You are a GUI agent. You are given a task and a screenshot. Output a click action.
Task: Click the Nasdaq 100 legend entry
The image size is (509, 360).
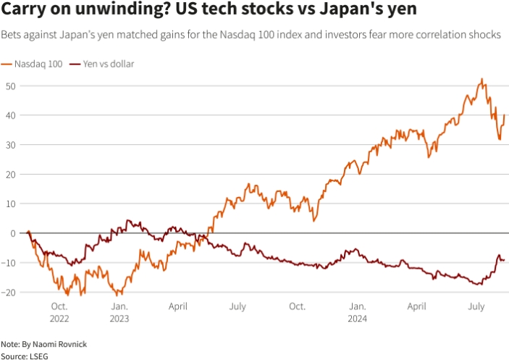coord(35,64)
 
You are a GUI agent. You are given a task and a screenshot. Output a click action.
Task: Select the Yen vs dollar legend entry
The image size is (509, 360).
coord(106,64)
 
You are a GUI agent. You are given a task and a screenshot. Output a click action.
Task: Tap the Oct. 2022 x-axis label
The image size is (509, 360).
coord(60,312)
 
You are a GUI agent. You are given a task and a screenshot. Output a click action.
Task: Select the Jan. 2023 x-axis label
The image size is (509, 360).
coord(119,312)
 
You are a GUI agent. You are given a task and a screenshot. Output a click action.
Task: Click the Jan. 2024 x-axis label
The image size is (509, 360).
coord(357,312)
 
